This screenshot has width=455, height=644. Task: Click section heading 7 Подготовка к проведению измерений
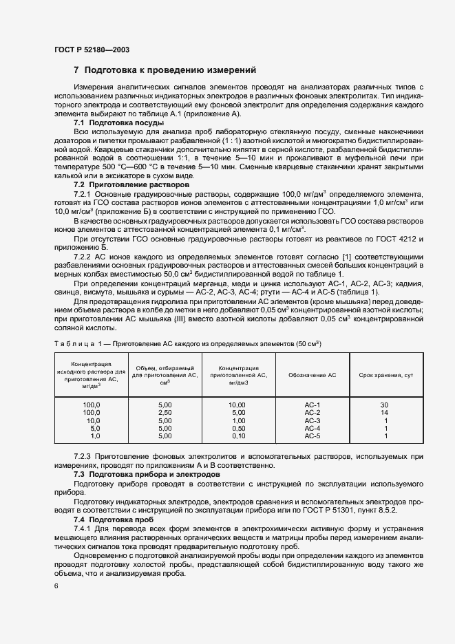coord(165,70)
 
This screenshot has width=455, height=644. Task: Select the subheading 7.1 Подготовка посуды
coord(110,122)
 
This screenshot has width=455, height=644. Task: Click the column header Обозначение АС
coord(313,375)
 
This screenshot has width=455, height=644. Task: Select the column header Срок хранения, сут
coord(385,375)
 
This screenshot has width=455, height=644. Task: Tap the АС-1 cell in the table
coord(313,405)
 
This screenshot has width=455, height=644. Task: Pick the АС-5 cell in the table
coord(313,436)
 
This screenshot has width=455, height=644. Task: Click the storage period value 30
coord(385,405)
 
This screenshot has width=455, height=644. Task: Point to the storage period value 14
coord(385,412)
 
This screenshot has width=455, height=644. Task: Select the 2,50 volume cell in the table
coord(165,412)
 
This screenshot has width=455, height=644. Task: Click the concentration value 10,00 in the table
coord(238,405)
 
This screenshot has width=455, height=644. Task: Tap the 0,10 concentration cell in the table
coord(238,436)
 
